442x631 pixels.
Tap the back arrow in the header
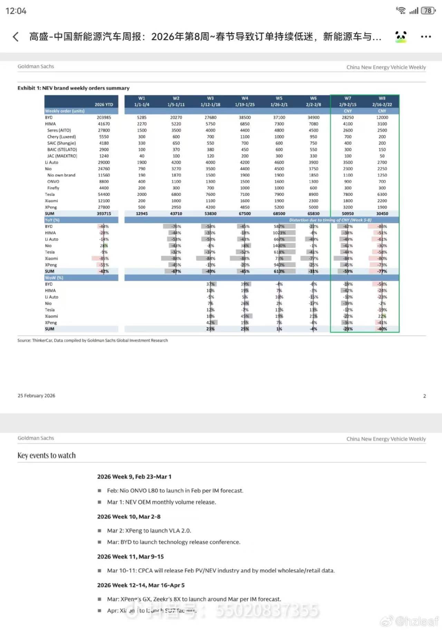point(16,37)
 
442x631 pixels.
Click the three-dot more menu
point(426,37)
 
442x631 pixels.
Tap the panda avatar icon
point(401,36)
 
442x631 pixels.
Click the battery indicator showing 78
point(428,11)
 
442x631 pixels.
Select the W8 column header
point(382,101)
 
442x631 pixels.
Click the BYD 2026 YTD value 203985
point(104,117)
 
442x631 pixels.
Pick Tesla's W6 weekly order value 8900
point(313,194)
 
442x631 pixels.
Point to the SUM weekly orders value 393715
point(104,214)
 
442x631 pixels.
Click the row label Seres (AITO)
point(59,130)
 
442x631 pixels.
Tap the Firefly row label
point(53,188)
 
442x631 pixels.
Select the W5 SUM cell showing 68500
point(279,214)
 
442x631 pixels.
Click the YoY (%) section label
point(52,220)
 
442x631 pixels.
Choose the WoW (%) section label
point(54,278)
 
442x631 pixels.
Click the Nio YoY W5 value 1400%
point(279,246)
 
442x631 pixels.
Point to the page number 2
point(424,396)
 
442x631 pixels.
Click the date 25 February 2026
point(36,396)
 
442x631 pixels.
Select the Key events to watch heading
point(47,455)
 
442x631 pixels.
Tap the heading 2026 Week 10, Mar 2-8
point(129,517)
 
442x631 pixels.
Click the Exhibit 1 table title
point(74,88)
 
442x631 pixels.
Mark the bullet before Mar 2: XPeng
point(99,531)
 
